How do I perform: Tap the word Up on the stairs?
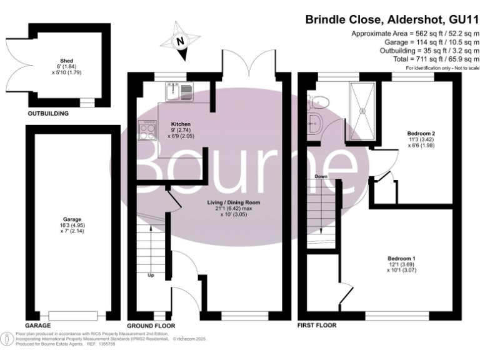pyautogui.click(x=151, y=274)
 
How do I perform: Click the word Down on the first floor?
pyautogui.click(x=321, y=177)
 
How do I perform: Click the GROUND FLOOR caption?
pyautogui.click(x=151, y=326)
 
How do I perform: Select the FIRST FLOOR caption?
pyautogui.click(x=317, y=326)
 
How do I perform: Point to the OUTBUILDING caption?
pyautogui.click(x=47, y=114)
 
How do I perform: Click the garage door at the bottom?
pyautogui.click(x=71, y=314)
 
